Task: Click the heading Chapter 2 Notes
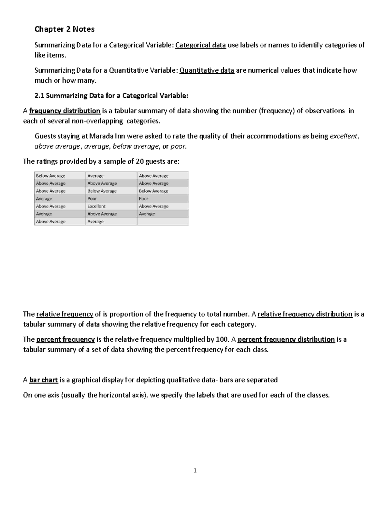point(65,29)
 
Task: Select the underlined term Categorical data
point(200,45)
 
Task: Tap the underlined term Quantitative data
point(207,70)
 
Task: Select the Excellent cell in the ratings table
point(96,206)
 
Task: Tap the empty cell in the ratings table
point(163,222)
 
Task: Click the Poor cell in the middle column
point(92,199)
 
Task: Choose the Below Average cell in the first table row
point(51,176)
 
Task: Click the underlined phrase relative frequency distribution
point(305,314)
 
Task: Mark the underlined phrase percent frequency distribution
point(286,340)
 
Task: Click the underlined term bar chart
point(43,380)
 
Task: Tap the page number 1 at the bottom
point(195,470)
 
